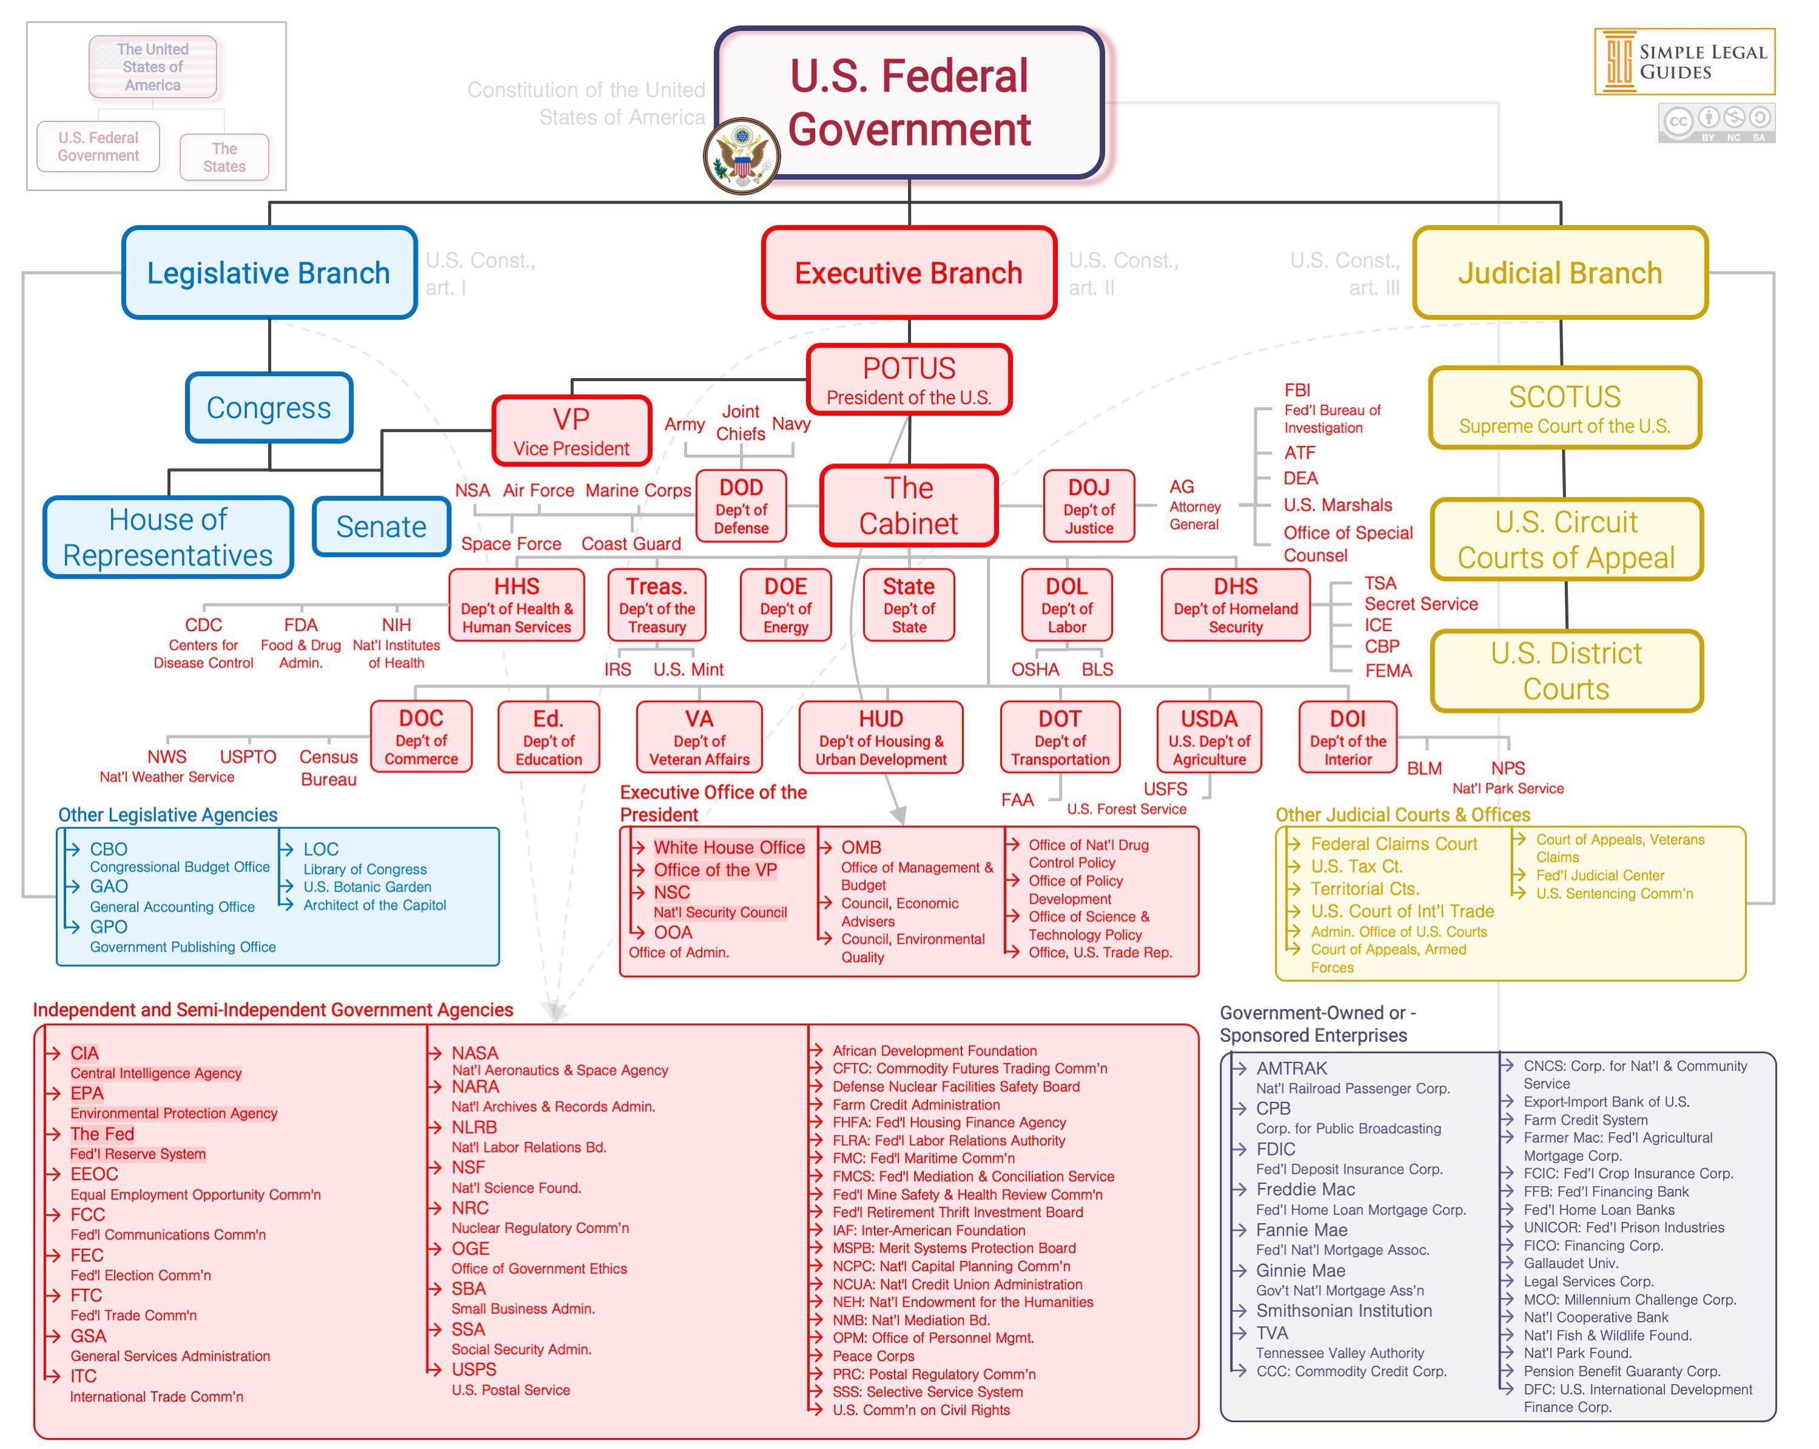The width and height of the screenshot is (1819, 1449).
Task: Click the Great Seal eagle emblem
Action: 742,156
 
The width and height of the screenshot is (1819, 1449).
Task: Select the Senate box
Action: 382,527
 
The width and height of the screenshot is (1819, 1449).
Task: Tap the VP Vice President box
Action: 571,431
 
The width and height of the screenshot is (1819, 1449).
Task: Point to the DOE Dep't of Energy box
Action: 785,605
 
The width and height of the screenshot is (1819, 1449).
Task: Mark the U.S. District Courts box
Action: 1566,671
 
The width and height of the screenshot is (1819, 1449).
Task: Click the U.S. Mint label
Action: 688,670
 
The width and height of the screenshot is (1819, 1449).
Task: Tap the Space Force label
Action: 511,544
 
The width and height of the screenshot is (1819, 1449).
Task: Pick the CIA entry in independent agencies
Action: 84,1053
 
